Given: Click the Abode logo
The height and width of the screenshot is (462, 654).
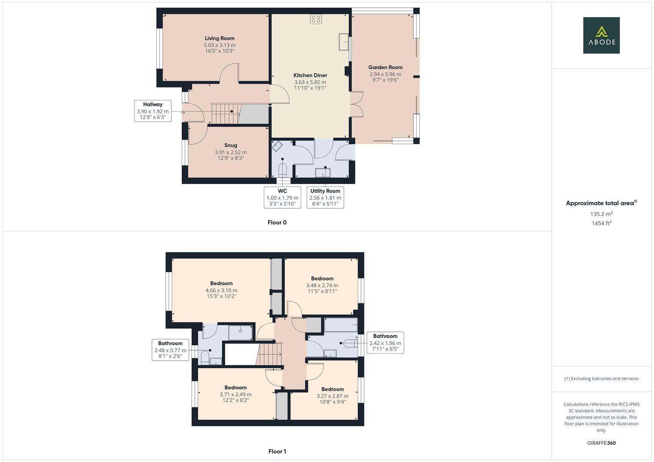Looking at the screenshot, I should pos(601,36).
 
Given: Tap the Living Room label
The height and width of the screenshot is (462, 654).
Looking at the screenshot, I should pos(219,38).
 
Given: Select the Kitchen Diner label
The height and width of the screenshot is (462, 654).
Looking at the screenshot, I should pos(310,75).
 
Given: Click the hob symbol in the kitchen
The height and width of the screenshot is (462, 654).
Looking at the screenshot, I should pos(316,19).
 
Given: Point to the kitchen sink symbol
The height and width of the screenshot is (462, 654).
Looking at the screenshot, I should pos(344,39).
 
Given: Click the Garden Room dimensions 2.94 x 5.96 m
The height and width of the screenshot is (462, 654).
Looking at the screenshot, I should pos(385,74).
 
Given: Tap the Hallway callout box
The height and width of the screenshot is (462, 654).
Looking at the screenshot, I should pos(153,111).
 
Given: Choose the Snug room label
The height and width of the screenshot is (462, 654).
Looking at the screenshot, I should pos(230,145).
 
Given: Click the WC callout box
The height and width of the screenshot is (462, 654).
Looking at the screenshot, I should pos(282,197).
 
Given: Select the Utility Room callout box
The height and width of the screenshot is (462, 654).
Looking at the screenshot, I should pos(325,197).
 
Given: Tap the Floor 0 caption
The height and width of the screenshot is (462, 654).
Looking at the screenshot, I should pos(277,222).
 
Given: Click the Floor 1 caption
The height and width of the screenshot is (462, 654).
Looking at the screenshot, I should pos(277,451).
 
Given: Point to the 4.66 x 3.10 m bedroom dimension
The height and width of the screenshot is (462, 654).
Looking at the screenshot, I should pos(221,290).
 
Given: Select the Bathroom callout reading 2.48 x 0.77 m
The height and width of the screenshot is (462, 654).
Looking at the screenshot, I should pos(170,349).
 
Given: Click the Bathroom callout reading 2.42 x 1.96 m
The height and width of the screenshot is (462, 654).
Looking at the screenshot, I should pos(385,342).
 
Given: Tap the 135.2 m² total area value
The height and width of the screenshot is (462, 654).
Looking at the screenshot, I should pos(601,214).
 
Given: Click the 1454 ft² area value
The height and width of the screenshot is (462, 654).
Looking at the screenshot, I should pos(601,223).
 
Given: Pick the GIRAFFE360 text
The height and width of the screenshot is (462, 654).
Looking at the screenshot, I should pos(601,443).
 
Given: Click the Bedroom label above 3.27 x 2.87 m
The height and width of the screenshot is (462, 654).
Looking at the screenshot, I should pos(332,389).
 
